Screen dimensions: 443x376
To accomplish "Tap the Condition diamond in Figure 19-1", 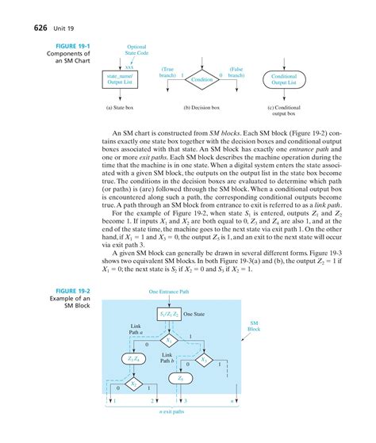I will [x=202, y=80].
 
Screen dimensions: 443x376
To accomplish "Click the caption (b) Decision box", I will [x=203, y=105].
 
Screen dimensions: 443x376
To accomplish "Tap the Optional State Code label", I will [x=136, y=52].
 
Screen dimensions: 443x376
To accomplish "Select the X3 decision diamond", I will [x=205, y=358].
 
